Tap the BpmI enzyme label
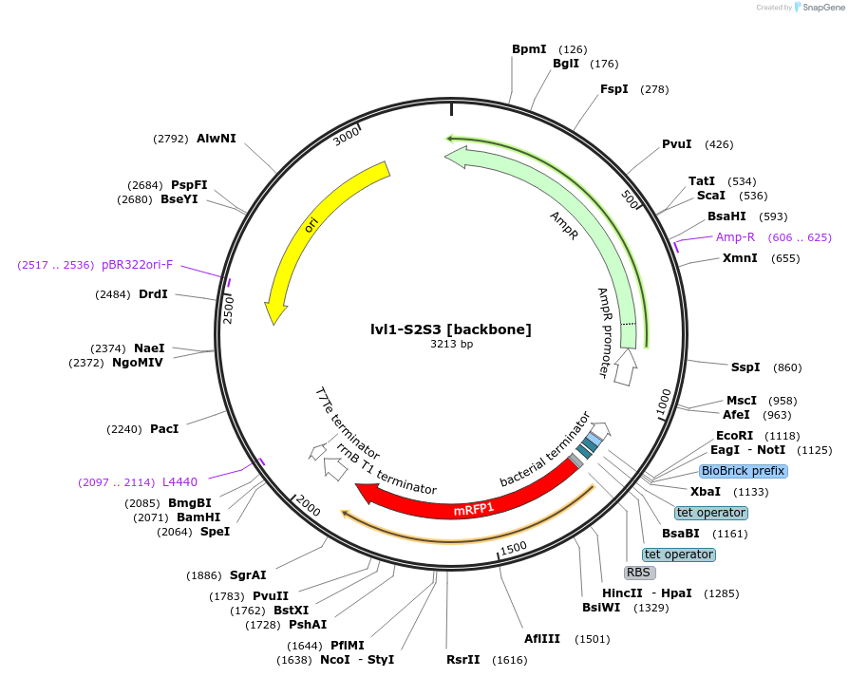coord(529,49)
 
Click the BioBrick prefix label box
coord(744,471)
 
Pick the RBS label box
coord(639,573)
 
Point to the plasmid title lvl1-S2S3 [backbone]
coord(451,329)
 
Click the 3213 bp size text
coord(451,345)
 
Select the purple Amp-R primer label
coord(735,237)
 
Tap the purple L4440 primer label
coord(179,482)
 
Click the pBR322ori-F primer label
coord(138,265)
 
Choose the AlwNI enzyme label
coord(217,139)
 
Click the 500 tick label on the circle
coord(630,201)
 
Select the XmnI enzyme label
coord(740,258)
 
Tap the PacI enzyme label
coord(164,429)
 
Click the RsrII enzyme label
coord(463,659)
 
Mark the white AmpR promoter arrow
coord(624,367)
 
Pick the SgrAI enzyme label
coord(248,575)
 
